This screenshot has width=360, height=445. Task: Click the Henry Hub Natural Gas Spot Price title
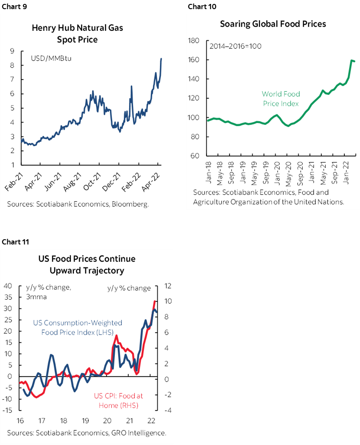[77, 33]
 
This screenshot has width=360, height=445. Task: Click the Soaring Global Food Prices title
[273, 23]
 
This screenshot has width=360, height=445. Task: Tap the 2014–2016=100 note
[236, 46]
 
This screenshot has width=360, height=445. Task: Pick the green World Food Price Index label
[280, 99]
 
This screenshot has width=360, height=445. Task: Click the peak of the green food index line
[351, 60]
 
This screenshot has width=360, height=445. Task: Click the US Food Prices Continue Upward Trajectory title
[86, 264]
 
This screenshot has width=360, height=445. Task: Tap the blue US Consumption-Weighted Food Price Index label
[78, 328]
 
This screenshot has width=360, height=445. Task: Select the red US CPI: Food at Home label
[118, 401]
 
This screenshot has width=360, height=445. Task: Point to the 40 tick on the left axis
[8, 286]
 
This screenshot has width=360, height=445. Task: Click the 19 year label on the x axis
[85, 421]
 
